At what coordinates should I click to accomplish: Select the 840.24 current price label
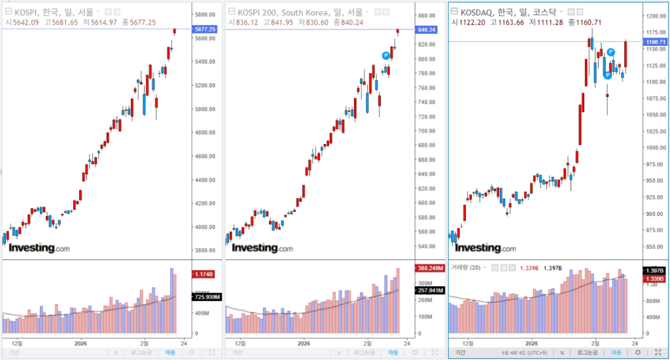[426, 29]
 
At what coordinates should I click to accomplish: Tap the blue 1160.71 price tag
[655, 42]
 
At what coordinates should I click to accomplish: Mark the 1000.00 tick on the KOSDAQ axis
[654, 147]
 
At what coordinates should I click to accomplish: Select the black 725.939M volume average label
[205, 297]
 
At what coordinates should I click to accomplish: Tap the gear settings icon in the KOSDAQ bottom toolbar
[638, 352]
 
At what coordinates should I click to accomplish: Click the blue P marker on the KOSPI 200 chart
[386, 56]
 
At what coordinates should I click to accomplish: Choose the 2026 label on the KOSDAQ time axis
[531, 343]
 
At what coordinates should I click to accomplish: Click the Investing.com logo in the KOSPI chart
[39, 248]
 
